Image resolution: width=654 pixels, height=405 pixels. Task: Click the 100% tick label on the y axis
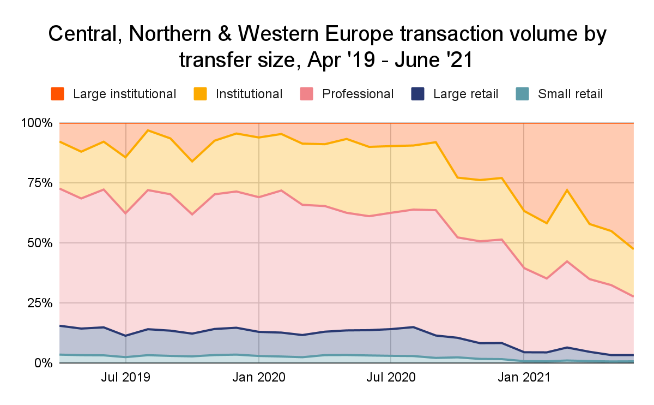(x=36, y=123)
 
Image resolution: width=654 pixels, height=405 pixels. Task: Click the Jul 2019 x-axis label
(x=126, y=377)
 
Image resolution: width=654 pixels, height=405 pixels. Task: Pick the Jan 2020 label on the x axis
(x=258, y=377)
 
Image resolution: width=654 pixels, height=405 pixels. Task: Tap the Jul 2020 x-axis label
(x=391, y=377)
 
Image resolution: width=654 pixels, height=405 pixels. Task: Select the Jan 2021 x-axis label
(x=523, y=377)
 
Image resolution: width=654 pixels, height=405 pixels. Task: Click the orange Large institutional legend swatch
(x=57, y=94)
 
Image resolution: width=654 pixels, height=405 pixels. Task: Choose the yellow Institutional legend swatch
(x=200, y=94)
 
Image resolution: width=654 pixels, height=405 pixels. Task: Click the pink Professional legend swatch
(x=307, y=94)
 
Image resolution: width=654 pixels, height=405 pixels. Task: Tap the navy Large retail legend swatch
(x=418, y=94)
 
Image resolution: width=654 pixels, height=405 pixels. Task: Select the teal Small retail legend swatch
(x=523, y=94)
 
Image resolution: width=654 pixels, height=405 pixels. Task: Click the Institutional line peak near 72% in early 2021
(x=567, y=190)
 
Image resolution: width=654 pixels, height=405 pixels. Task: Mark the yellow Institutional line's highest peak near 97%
(x=148, y=130)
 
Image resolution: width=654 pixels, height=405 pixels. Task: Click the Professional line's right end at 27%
(x=633, y=297)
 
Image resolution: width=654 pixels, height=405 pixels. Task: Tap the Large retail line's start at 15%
(x=60, y=325)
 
